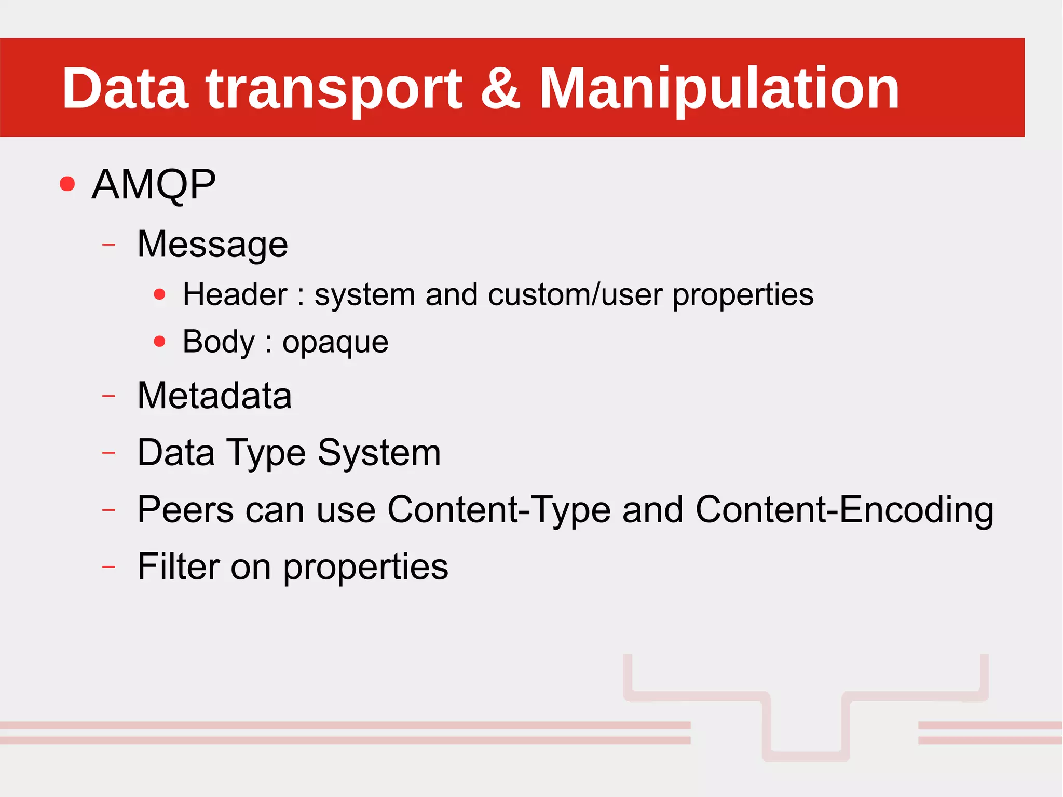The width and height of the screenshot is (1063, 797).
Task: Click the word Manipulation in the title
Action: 719,89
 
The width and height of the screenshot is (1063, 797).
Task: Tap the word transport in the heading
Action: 334,89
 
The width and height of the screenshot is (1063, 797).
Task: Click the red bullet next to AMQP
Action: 67,184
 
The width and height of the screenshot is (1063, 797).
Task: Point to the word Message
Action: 212,244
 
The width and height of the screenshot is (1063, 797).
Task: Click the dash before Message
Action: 108,244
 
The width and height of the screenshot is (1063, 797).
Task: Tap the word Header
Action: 235,294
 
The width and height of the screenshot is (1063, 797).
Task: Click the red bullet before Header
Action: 160,295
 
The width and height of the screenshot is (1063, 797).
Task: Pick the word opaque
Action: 335,342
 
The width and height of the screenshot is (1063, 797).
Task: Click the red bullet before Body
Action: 160,342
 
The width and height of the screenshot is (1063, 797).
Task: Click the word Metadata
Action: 214,396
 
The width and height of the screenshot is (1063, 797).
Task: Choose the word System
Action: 379,453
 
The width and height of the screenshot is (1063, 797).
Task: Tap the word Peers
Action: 185,509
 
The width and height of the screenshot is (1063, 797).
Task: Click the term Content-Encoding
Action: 844,509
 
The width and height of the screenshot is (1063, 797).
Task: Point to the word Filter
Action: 178,566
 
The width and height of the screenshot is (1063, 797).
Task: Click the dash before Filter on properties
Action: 108,566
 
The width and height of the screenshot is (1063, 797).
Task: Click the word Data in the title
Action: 125,89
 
